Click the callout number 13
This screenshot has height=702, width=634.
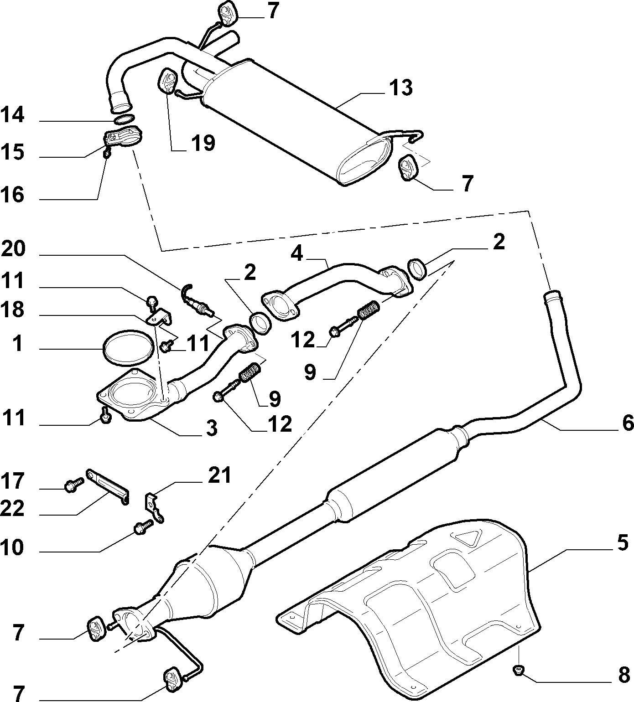click(401, 88)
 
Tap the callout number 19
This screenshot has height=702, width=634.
click(203, 143)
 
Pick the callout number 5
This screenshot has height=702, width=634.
click(623, 543)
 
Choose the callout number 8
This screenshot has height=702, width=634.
click(623, 676)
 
